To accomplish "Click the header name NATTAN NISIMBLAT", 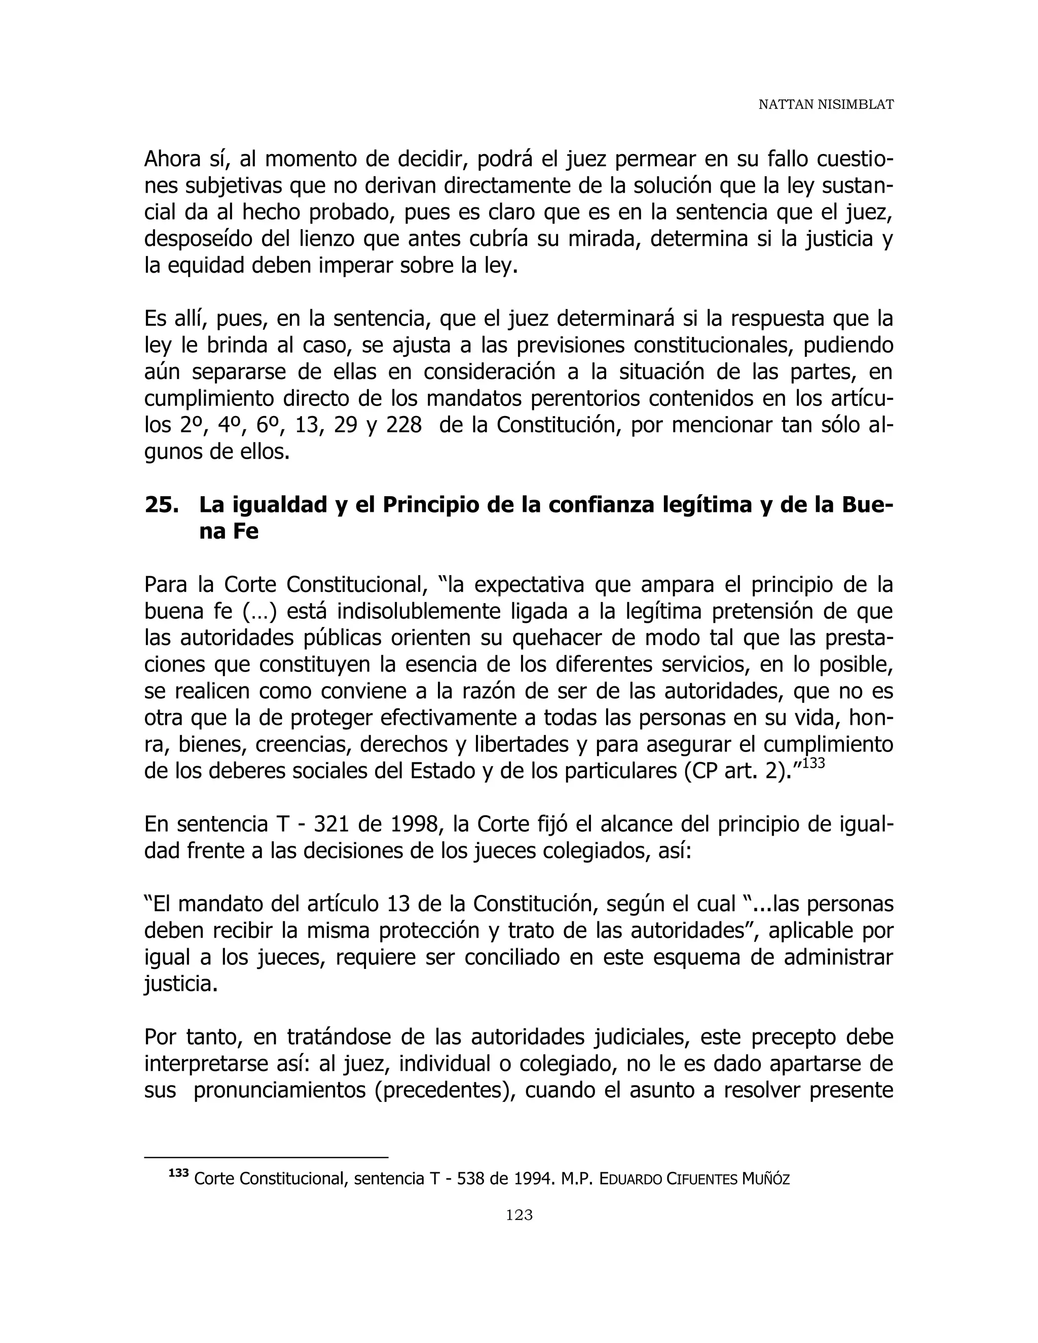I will coord(825,104).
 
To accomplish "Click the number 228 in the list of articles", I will coord(403,426).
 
